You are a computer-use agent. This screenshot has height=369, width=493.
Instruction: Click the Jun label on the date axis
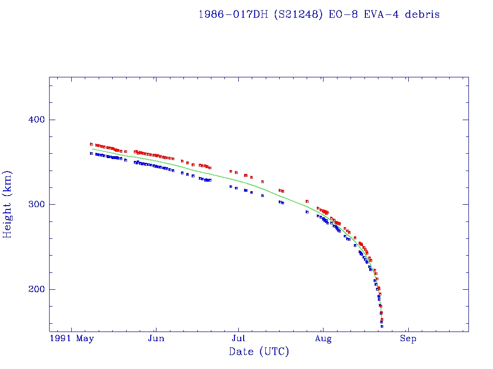(x=156, y=339)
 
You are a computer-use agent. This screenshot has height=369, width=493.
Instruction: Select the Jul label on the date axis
(x=239, y=339)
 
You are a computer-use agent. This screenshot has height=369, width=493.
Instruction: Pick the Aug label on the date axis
(x=324, y=339)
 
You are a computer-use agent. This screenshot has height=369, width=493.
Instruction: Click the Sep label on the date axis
(x=408, y=339)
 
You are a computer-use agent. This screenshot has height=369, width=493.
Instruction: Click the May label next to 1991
(x=85, y=339)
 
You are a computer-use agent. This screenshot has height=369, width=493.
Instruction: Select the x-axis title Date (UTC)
(x=259, y=352)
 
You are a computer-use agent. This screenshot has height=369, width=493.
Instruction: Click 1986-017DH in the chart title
(x=233, y=14)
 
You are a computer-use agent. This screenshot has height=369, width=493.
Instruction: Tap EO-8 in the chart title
(x=340, y=14)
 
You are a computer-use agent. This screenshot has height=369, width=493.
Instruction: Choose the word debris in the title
(x=422, y=14)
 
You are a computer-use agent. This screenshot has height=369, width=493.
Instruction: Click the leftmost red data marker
(x=91, y=144)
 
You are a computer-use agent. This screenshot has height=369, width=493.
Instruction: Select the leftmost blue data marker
(x=91, y=153)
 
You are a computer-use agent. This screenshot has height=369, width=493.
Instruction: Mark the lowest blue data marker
(x=382, y=326)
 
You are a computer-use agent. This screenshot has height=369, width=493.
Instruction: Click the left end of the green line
(x=92, y=149)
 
